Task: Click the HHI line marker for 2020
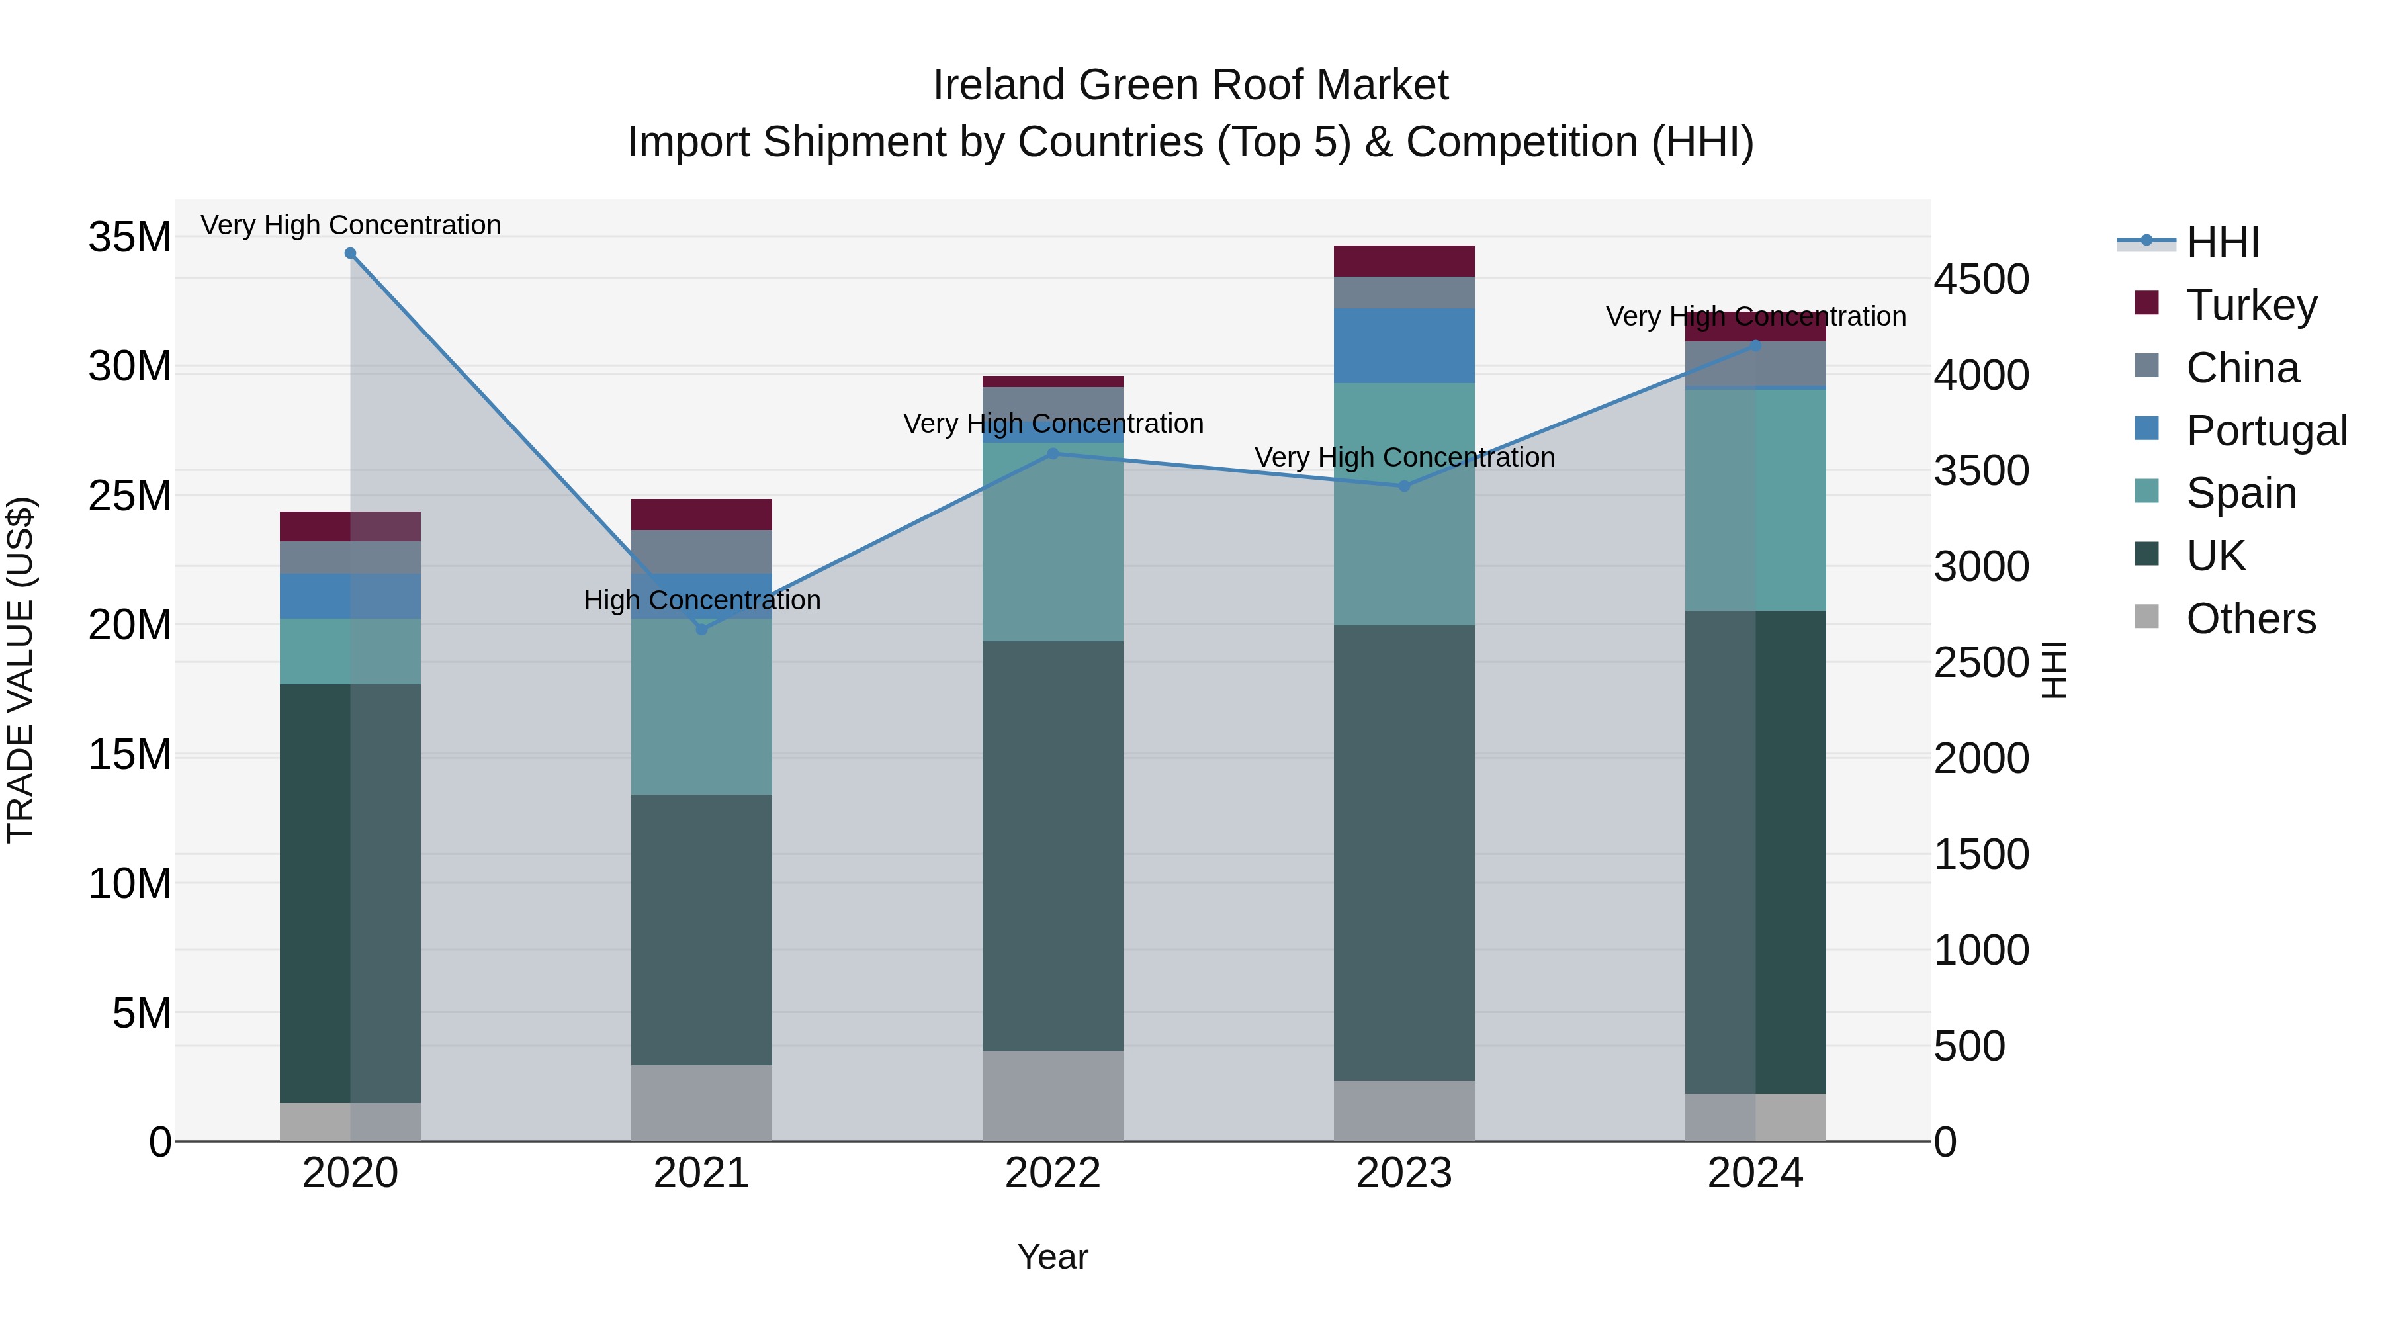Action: [351, 253]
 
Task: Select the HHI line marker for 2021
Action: [702, 629]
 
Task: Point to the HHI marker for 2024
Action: [1755, 346]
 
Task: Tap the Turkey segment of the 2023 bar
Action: [1403, 261]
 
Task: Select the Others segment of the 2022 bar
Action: [1052, 1095]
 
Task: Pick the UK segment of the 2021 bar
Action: [702, 930]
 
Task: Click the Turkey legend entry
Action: [2251, 304]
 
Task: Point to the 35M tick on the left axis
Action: [130, 238]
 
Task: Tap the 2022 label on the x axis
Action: [1052, 1173]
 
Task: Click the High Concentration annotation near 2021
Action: [702, 600]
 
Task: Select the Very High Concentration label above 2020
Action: [351, 225]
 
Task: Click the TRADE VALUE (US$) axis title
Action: [21, 670]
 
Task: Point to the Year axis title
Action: [1052, 1257]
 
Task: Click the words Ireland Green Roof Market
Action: [1190, 85]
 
